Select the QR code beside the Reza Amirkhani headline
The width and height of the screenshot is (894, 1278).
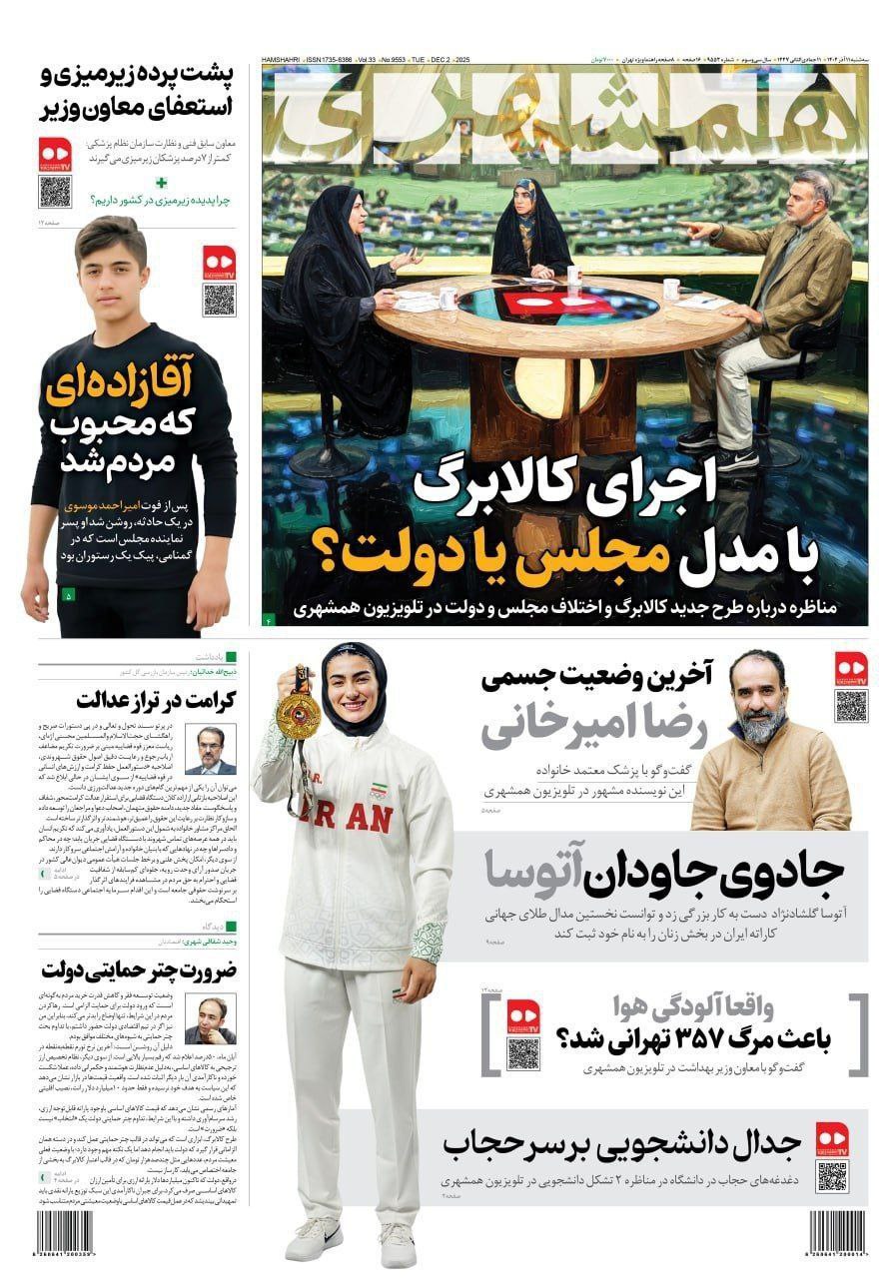(851, 705)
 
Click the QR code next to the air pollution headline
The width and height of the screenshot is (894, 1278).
(522, 1053)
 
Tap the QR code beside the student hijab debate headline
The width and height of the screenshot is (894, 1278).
(831, 1176)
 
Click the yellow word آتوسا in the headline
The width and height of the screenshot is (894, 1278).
(541, 870)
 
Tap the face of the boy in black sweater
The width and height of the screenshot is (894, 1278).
(112, 269)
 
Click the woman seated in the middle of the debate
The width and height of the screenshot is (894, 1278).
(532, 232)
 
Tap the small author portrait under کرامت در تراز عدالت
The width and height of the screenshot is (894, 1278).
(210, 750)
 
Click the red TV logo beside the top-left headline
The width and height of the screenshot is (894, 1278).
(55, 152)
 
